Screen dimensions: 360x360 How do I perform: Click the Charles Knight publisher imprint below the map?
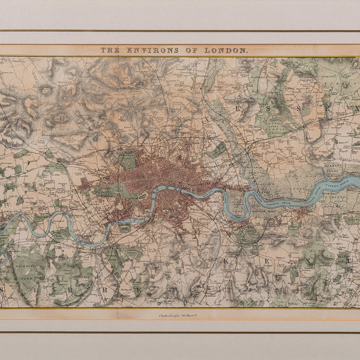point(179,314)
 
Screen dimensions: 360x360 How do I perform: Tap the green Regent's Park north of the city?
point(127,160)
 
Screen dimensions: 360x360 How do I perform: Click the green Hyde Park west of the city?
point(112,190)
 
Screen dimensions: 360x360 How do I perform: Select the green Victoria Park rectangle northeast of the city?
point(217,149)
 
